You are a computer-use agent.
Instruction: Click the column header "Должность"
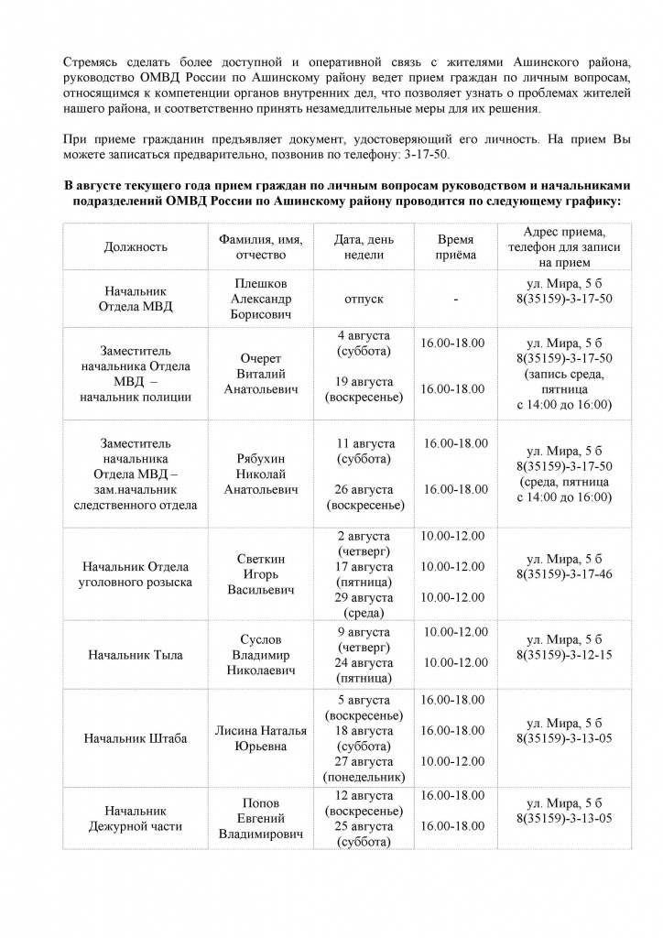click(136, 246)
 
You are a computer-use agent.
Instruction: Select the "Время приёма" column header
click(454, 246)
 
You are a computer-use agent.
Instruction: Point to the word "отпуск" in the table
click(364, 300)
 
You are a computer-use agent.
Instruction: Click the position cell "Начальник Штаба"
click(136, 738)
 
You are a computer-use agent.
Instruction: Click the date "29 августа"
click(364, 597)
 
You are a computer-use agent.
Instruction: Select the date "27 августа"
click(364, 760)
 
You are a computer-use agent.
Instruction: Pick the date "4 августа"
click(364, 335)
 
